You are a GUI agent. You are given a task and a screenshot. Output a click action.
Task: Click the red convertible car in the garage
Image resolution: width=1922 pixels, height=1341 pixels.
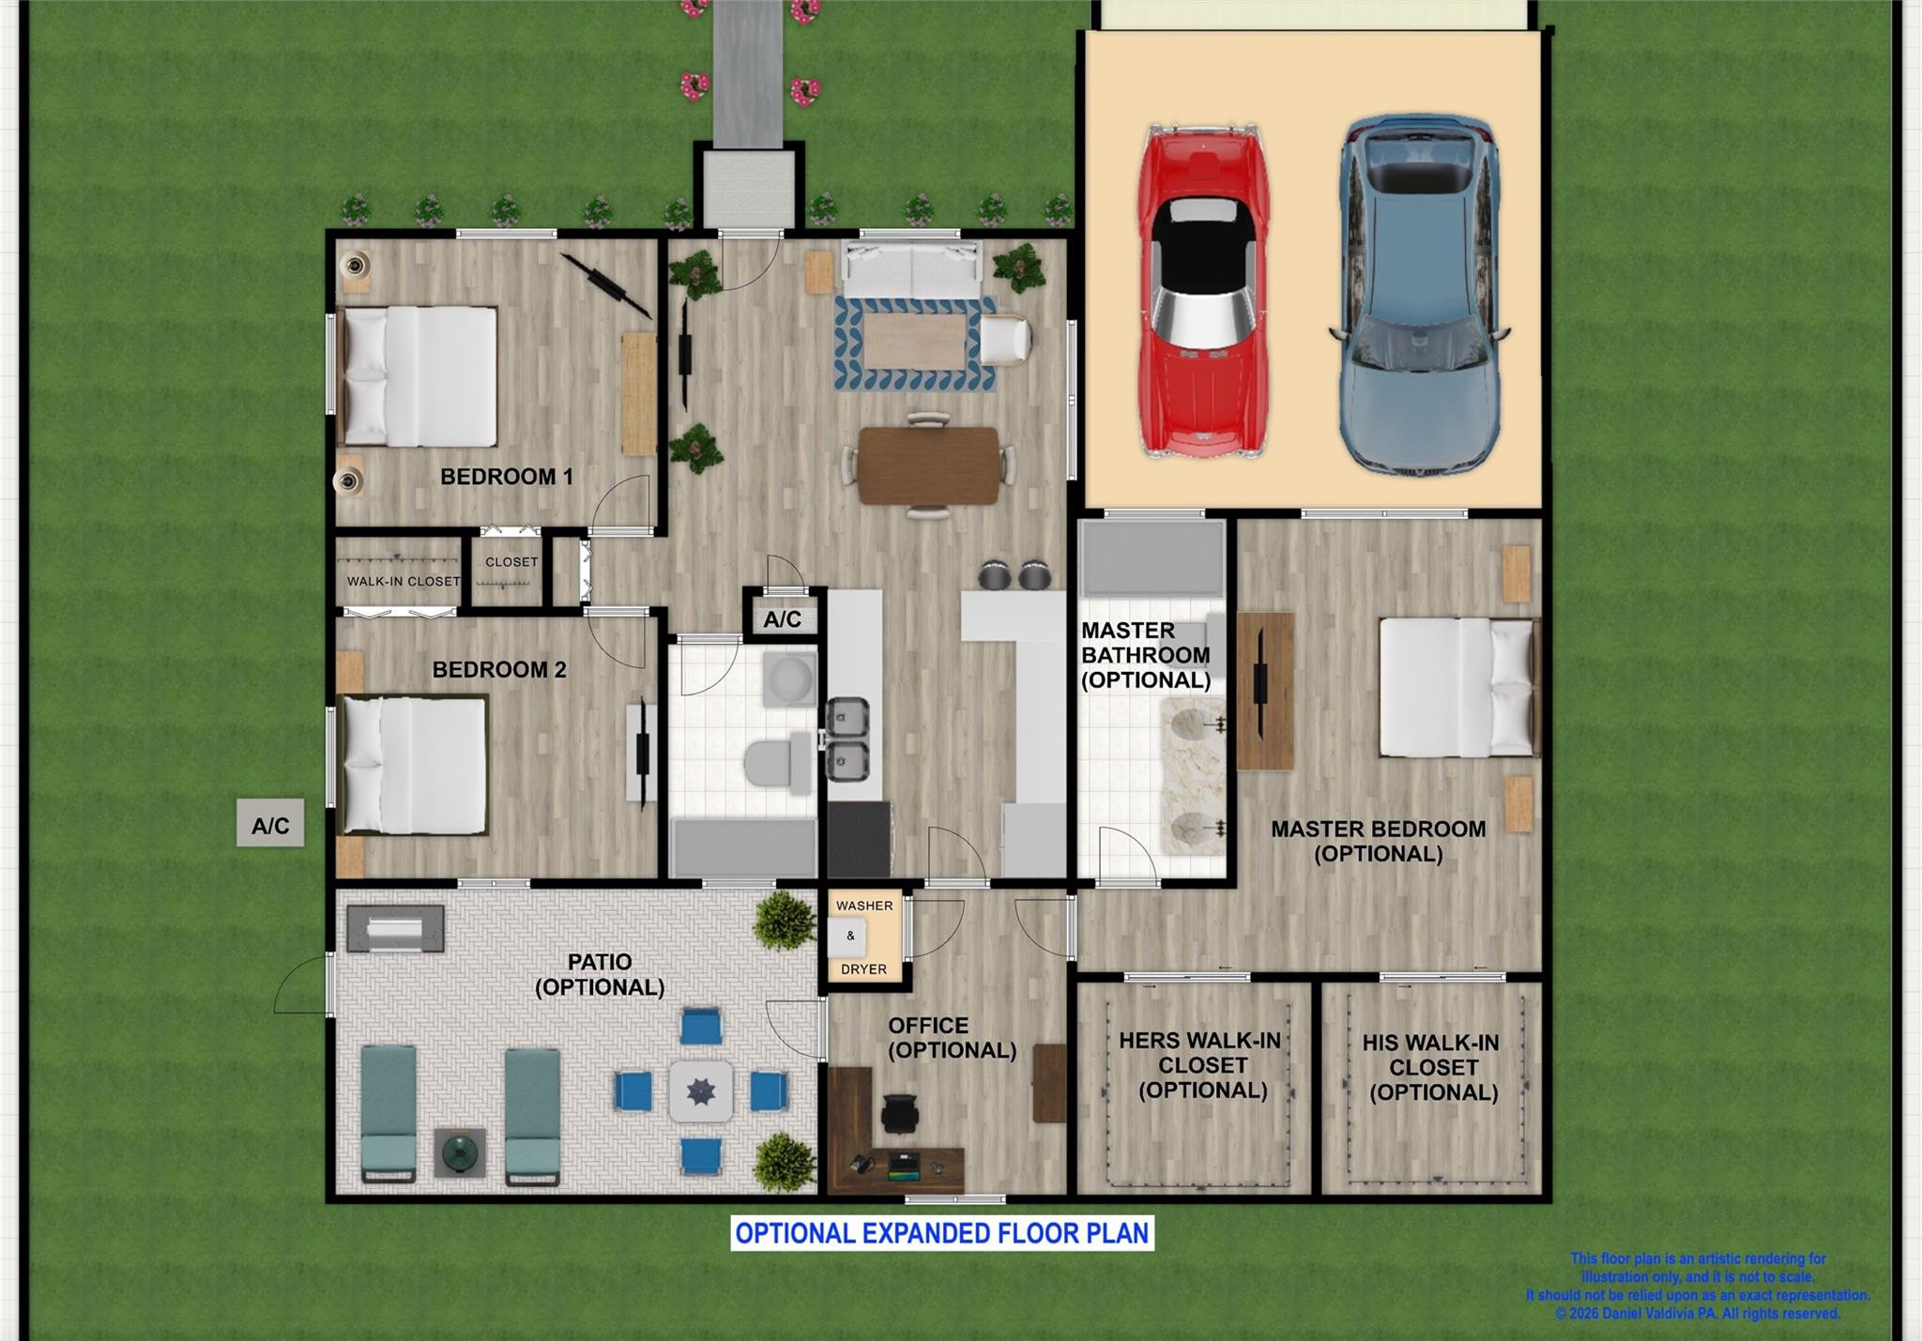point(1202,291)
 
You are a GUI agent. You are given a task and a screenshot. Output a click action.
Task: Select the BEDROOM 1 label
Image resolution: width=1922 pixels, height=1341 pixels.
point(506,477)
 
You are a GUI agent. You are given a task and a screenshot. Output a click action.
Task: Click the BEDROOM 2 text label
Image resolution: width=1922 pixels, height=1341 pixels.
point(498,670)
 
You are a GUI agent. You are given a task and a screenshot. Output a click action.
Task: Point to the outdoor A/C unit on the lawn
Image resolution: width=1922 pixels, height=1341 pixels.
point(270,824)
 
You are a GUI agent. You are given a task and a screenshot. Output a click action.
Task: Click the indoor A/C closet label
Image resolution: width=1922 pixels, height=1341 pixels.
point(782,619)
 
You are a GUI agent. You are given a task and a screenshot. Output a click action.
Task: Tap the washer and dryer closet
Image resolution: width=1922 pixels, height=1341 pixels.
point(863,937)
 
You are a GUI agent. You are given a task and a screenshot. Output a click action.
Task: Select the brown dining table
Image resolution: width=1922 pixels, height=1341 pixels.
point(928,465)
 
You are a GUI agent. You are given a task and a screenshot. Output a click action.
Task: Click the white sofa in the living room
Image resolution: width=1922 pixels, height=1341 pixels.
point(910,269)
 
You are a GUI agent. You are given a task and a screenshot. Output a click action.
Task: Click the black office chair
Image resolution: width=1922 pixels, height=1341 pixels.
point(901,1113)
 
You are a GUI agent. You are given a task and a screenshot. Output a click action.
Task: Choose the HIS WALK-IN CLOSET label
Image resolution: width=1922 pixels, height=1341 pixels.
point(1432,1068)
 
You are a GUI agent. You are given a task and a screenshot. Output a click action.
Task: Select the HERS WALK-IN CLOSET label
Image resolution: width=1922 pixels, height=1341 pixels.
point(1201,1065)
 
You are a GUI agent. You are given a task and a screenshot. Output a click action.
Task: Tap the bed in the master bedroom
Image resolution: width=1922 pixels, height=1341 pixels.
point(1455,687)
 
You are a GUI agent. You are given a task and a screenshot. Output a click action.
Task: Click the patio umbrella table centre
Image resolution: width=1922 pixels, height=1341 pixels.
point(701,1091)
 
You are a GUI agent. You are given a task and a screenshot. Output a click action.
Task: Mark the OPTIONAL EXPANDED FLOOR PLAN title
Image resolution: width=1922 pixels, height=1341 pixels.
point(941,1233)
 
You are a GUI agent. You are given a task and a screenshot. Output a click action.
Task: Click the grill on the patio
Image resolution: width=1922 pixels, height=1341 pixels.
point(395,929)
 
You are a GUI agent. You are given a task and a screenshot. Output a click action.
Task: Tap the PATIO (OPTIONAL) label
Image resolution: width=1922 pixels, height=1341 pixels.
point(600,974)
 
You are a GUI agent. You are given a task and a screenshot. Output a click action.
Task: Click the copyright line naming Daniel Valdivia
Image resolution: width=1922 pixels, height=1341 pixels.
point(1697,1314)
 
